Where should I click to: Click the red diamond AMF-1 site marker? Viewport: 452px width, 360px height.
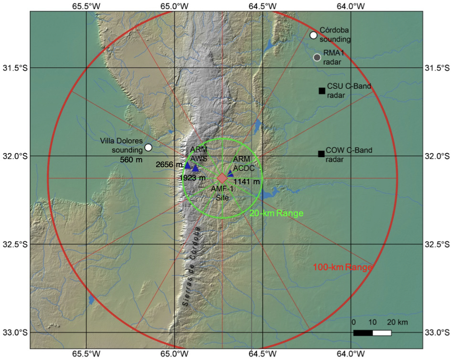pyautogui.click(x=222, y=178)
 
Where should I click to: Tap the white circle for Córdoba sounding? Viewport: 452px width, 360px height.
pyautogui.click(x=314, y=35)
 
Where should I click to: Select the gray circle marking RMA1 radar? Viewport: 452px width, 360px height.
pyautogui.click(x=317, y=57)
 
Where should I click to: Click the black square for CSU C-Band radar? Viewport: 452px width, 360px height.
pyautogui.click(x=322, y=91)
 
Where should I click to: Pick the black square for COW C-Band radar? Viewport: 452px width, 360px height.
pyautogui.click(x=321, y=154)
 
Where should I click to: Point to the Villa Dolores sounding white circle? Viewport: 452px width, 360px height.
pyautogui.click(x=148, y=147)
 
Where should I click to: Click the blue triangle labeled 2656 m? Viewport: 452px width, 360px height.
pyautogui.click(x=188, y=166)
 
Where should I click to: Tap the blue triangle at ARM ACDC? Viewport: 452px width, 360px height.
pyautogui.click(x=231, y=173)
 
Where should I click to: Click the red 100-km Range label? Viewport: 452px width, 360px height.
pyautogui.click(x=342, y=268)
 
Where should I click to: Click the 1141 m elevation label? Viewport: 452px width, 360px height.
pyautogui.click(x=246, y=182)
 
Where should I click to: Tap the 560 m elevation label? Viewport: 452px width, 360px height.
pyautogui.click(x=129, y=159)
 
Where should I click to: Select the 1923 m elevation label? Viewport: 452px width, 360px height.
pyautogui.click(x=192, y=178)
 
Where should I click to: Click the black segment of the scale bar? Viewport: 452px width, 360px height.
pyautogui.click(x=363, y=333)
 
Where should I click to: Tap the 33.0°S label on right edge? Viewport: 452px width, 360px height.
pyautogui.click(x=437, y=333)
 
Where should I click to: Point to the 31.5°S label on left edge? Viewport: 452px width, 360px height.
pyautogui.click(x=15, y=68)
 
